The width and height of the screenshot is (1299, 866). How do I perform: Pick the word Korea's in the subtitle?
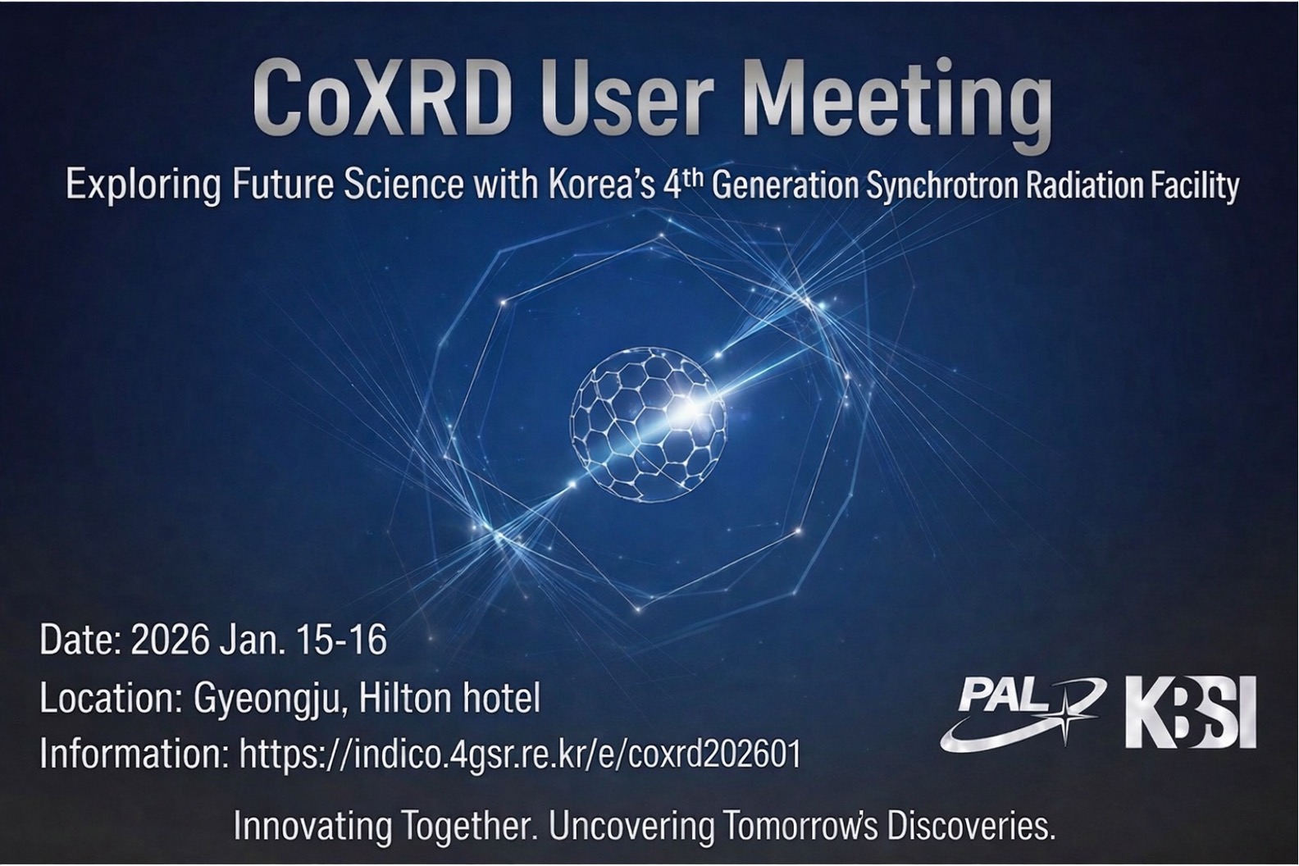coord(599,187)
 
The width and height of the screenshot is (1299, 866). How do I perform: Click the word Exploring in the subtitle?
coord(143,187)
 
